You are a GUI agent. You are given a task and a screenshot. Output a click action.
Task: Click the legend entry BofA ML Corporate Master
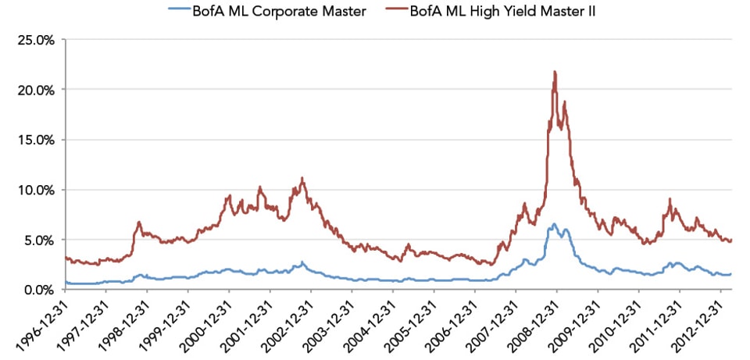267,11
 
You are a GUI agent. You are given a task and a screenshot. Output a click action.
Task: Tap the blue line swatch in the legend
178,11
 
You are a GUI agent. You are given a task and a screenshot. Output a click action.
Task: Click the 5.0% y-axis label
37,239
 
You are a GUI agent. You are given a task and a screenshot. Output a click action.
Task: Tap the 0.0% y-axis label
37,289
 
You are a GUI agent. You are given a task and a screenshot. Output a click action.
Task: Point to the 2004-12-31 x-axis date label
370,324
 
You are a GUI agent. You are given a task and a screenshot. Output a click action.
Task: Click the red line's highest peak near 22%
555,72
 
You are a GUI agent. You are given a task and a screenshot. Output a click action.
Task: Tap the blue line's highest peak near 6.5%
554,224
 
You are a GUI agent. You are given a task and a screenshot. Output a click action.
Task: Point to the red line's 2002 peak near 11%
302,178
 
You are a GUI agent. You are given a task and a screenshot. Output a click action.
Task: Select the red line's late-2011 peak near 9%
670,199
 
